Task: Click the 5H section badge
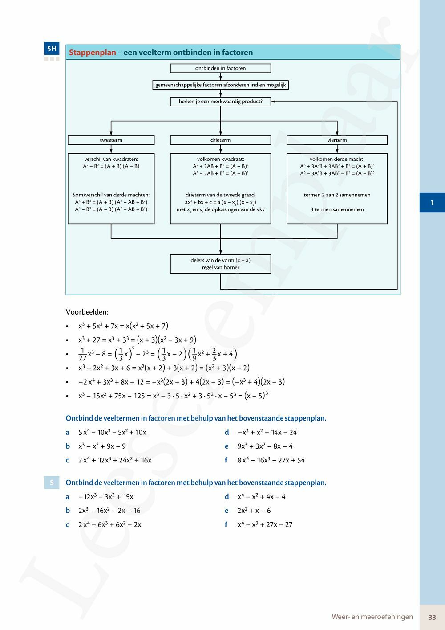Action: click(x=52, y=49)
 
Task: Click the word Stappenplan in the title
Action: click(x=92, y=53)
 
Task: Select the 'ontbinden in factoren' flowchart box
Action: click(x=220, y=68)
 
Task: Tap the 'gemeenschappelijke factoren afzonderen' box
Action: click(x=220, y=85)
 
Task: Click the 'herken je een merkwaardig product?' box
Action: click(x=220, y=102)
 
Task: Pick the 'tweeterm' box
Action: click(x=111, y=140)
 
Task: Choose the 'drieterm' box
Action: click(x=220, y=140)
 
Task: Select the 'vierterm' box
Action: click(x=337, y=140)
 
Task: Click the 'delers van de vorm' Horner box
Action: click(x=220, y=264)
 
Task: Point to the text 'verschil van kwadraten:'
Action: click(x=111, y=159)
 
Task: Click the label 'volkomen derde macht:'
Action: click(x=337, y=159)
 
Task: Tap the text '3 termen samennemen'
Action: click(x=337, y=209)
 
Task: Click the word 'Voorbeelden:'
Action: click(x=87, y=312)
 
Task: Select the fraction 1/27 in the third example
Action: click(x=82, y=354)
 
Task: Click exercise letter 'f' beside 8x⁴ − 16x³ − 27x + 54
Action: click(x=226, y=460)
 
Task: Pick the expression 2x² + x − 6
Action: click(x=254, y=511)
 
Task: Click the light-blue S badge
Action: click(x=52, y=483)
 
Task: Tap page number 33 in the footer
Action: click(x=432, y=617)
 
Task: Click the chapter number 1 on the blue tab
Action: click(x=432, y=203)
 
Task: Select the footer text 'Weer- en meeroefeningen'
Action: click(x=372, y=617)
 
